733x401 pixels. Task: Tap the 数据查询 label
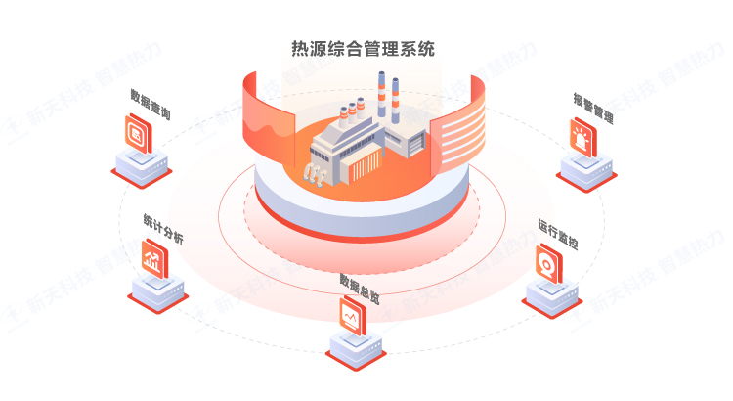point(151,107)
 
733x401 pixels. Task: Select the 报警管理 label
point(593,109)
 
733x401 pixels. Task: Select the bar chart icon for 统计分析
point(153,260)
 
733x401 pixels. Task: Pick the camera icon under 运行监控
point(548,263)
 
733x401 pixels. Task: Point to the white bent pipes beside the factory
point(316,173)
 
